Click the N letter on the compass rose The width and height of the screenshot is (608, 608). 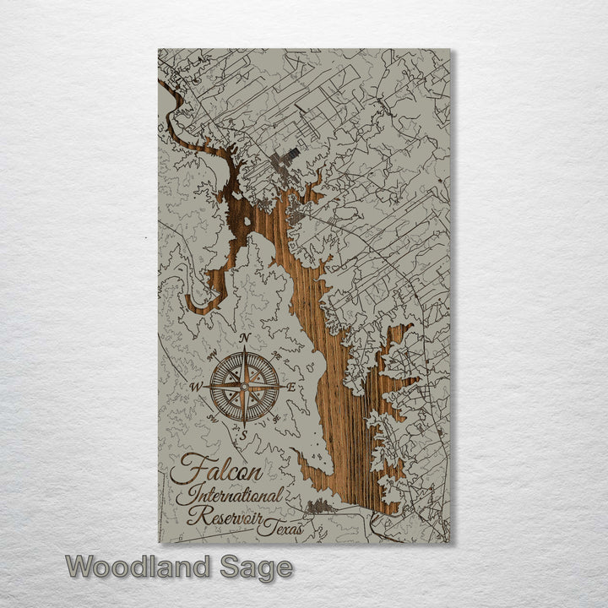pyautogui.click(x=244, y=338)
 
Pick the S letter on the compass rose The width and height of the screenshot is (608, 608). pyautogui.click(x=244, y=436)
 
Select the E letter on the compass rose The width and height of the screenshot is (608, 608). pyautogui.click(x=292, y=388)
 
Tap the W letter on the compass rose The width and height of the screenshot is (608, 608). pyautogui.click(x=196, y=388)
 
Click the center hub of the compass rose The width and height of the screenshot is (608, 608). pyautogui.click(x=244, y=387)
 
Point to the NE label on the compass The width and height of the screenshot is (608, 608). pyautogui.click(x=275, y=356)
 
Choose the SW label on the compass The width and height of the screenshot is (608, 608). pyautogui.click(x=213, y=419)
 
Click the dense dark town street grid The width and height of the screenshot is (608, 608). pyautogui.click(x=285, y=158)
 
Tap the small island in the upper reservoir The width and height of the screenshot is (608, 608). pyautogui.click(x=246, y=222)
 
